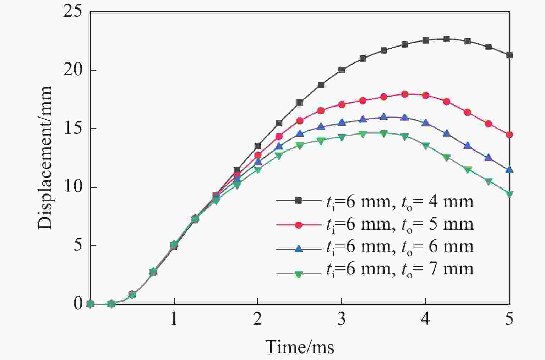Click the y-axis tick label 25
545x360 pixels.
coord(77,11)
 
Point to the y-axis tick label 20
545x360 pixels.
coord(77,70)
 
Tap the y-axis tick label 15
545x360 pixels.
coord(77,129)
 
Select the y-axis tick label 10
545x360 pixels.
coord(77,187)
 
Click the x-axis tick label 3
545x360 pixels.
coord(342,320)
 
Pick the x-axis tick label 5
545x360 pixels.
coord(509,320)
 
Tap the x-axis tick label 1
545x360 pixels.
coord(174,320)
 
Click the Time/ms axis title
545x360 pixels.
coord(300,347)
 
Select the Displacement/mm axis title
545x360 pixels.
coord(45,158)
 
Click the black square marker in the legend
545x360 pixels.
coord(299,201)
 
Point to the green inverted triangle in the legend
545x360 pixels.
coord(299,274)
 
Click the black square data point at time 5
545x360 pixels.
coord(509,55)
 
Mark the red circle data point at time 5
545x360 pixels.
coord(509,135)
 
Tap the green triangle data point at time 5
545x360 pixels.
coord(509,194)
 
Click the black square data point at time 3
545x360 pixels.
coord(342,70)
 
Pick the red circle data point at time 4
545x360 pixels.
coord(425,95)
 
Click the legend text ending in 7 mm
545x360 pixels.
coord(399,269)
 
